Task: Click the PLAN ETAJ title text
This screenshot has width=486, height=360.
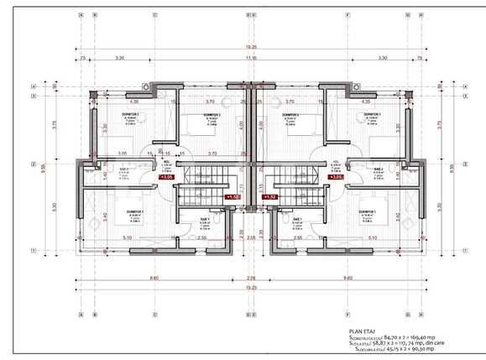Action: [363, 331]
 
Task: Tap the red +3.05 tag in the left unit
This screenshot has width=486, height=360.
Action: [166, 177]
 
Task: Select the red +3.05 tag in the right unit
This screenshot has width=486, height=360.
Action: [336, 177]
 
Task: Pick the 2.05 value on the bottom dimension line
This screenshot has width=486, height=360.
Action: [251, 277]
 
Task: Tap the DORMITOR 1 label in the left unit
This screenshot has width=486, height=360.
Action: [135, 211]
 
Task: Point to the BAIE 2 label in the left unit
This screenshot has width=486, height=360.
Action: [123, 170]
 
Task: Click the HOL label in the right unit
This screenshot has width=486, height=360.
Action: [336, 163]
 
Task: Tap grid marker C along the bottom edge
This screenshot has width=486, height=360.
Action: [155, 316]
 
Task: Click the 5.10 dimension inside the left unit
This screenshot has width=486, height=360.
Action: [127, 237]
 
